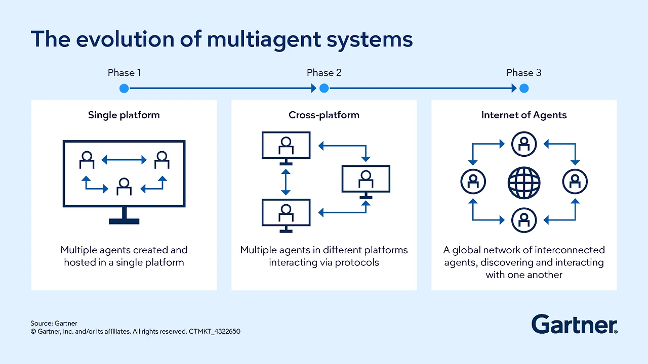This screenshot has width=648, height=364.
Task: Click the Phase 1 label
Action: coord(124,73)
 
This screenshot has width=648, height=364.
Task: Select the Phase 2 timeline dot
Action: coord(324,88)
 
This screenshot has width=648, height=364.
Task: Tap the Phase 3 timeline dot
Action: coord(524,88)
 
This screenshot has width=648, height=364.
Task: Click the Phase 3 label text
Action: coord(524,73)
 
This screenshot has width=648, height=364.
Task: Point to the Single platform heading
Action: coord(124,115)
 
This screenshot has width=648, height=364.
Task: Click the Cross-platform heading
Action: coord(324,115)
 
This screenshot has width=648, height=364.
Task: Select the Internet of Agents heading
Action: coord(524,115)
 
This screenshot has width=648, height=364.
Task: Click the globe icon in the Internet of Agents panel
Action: coord(524,183)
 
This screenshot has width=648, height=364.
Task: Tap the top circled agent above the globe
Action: coord(524,145)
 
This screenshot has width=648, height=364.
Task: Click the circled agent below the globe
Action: coord(524,220)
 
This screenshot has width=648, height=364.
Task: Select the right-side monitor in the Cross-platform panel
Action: coord(366,179)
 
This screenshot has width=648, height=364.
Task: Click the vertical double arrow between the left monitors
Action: coord(286,182)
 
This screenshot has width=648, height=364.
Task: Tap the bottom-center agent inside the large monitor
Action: coord(124,187)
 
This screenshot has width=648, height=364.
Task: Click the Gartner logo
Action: coord(574,324)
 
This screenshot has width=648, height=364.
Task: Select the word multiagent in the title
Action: coord(246,39)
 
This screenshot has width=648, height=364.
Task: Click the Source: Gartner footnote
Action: coord(54,323)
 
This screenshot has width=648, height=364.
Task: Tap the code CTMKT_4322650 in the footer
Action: coord(215,332)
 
